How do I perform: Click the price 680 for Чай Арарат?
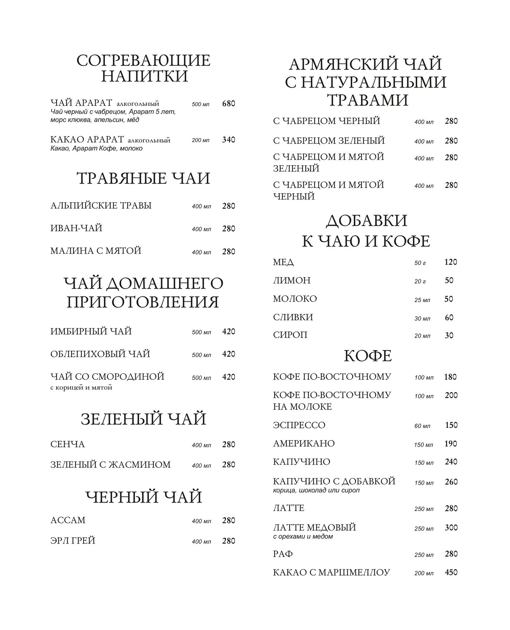[x=229, y=104]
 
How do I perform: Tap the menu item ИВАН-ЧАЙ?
[x=76, y=229]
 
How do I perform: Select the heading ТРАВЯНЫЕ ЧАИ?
[x=143, y=178]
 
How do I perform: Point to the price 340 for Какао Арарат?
[x=229, y=140]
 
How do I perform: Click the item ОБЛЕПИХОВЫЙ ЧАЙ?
[x=100, y=354]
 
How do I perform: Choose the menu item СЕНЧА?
[x=68, y=444]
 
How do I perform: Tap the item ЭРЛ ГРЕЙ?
[x=73, y=541]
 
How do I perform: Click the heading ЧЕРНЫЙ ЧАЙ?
[x=144, y=497]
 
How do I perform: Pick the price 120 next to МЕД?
[x=450, y=262]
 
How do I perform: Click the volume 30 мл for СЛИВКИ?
[x=422, y=318]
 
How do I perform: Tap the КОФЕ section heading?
[x=368, y=356]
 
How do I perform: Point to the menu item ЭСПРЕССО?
[x=299, y=426]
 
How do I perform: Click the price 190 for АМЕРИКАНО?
[x=451, y=444]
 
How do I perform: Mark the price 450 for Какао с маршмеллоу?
[x=451, y=573]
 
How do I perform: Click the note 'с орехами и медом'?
[x=302, y=537]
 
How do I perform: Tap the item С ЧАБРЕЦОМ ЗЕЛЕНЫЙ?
[x=329, y=141]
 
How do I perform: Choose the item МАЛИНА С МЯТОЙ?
[x=96, y=251]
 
